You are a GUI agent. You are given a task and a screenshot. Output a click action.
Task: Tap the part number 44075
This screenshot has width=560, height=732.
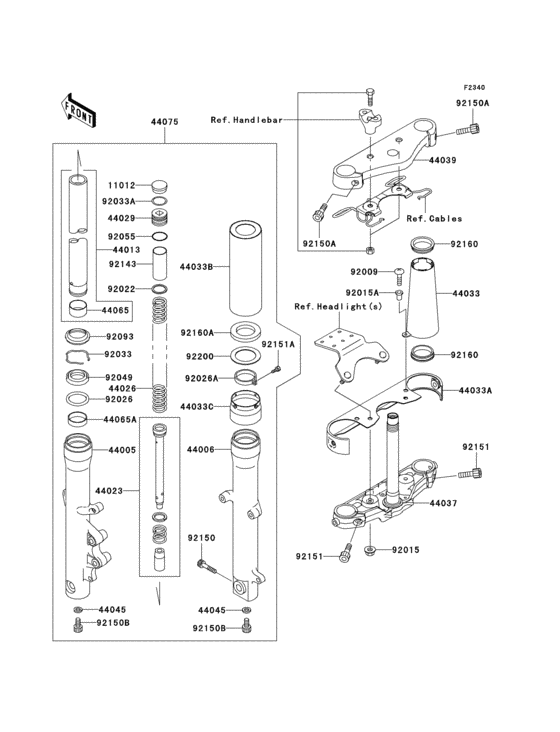click(165, 122)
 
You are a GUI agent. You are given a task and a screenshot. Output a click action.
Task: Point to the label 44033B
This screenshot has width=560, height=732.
click(196, 267)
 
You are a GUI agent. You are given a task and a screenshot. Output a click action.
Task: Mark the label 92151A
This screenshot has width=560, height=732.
click(279, 344)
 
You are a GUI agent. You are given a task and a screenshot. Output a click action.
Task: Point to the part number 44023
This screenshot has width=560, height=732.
click(109, 491)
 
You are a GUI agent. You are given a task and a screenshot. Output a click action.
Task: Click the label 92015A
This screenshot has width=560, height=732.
click(366, 292)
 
